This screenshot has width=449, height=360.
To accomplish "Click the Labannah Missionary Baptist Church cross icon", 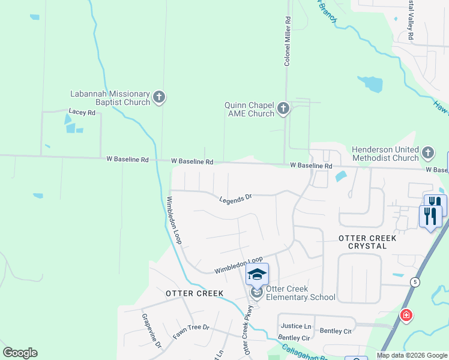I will click(x=159, y=97).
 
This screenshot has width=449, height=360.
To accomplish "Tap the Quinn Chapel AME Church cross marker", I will click(x=283, y=109).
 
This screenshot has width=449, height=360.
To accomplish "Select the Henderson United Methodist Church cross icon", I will click(x=427, y=154).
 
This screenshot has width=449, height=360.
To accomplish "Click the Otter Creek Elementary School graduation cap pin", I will click(x=257, y=275).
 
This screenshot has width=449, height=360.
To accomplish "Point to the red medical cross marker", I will click(x=406, y=315).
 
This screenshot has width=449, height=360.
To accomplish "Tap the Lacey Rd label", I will click(x=82, y=112).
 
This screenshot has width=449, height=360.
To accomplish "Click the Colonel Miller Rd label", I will click(x=288, y=41).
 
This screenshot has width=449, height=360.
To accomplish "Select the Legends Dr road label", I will click(x=235, y=198).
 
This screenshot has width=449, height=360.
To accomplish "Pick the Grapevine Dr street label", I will click(x=151, y=331).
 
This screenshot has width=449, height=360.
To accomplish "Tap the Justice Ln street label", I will click(x=296, y=326).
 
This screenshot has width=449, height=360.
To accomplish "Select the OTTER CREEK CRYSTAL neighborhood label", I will click(x=367, y=242).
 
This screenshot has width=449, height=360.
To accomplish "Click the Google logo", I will click(x=20, y=353).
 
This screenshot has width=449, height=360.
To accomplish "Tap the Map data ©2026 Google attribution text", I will click(x=412, y=355).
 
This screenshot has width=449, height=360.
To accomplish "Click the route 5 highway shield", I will click(x=415, y=281).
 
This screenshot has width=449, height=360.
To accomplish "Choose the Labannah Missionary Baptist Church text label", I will click(x=110, y=98).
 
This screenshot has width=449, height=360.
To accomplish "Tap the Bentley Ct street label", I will click(x=336, y=331).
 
